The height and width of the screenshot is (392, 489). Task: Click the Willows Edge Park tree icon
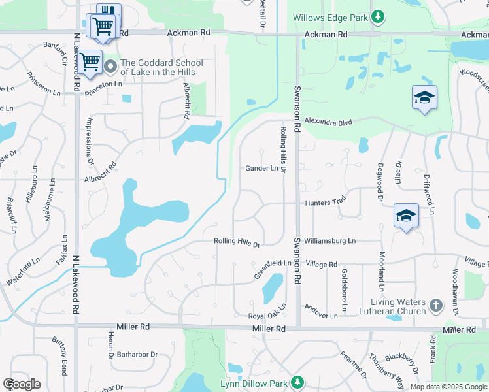pyautogui.click(x=377, y=16)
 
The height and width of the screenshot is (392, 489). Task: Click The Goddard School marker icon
pyautogui.click(x=110, y=65)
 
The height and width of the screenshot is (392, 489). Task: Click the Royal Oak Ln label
pyautogui.click(x=269, y=312)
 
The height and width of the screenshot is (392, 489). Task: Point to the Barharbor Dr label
pyautogui.click(x=137, y=355)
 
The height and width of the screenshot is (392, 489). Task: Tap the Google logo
pyautogui.click(x=22, y=384)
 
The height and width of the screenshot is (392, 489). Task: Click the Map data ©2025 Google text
pyautogui.click(x=448, y=387)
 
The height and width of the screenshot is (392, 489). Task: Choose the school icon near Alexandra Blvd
pyautogui.click(x=424, y=98)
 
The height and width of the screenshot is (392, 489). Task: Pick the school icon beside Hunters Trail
pyautogui.click(x=405, y=216)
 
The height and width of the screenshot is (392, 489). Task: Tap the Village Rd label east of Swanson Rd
pyautogui.click(x=321, y=265)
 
